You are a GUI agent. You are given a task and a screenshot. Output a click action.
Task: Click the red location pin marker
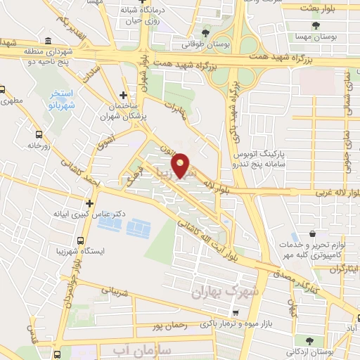(x=182, y=165)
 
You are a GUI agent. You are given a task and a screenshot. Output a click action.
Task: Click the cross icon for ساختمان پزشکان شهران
(x=124, y=95)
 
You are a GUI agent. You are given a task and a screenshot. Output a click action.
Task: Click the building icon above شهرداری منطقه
(x=47, y=40)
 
